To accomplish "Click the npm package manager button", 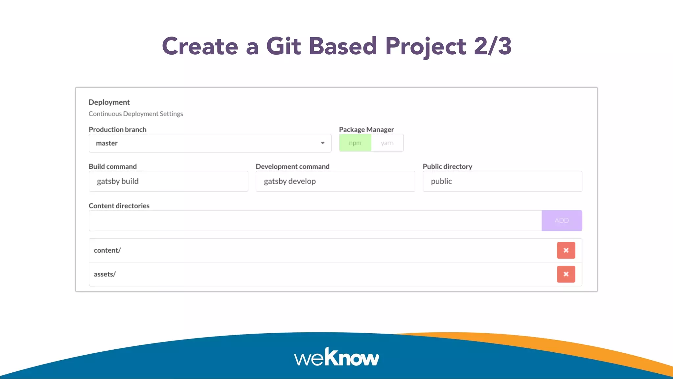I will pos(355,143).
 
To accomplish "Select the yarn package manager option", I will pos(387,143).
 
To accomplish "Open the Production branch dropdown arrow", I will pos(323,143).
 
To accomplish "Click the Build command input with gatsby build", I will pos(168,181).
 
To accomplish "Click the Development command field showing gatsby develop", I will pos(335,181).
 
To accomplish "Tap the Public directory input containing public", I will pos(502,181).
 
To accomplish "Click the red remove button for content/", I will pos(566,250).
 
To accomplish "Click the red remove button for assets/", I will pos(566,274).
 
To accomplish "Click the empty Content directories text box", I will pos(315,221).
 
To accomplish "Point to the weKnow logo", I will pos(336,357).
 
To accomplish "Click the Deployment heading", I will pos(109,102).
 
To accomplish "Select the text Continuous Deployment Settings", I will pos(136,114).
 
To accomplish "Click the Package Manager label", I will pos(366,130).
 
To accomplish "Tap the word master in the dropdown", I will pos(107,143).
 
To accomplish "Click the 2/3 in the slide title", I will pos(493,46).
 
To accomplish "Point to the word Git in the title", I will pos(283,46).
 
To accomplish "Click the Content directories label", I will pos(119,206).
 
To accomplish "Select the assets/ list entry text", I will pos(105,274).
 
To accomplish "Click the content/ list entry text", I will pos(107,250).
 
